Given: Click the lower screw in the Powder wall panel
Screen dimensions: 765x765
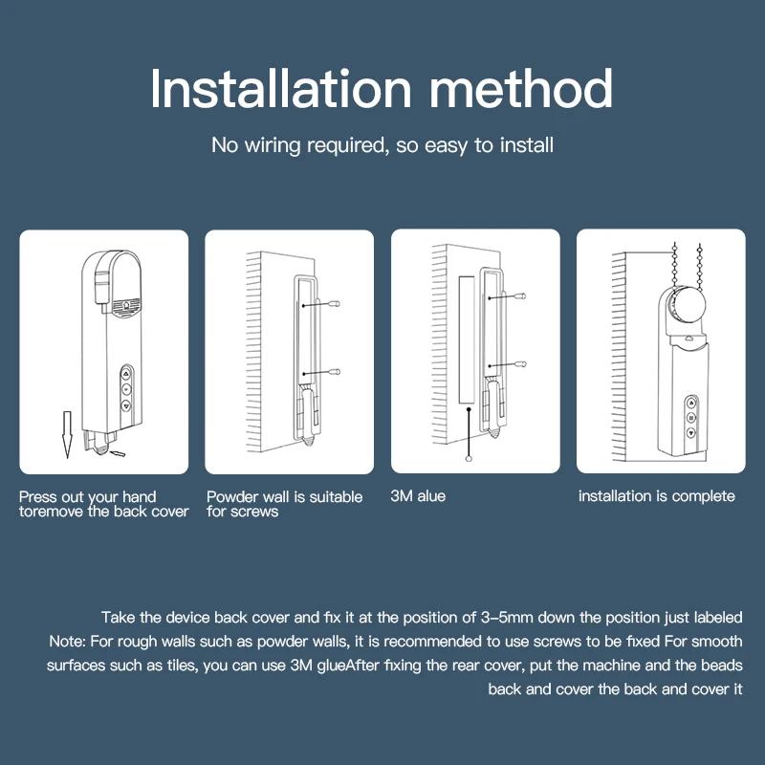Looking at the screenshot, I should point(335,370).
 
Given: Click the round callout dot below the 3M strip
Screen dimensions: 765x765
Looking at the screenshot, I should point(468,459).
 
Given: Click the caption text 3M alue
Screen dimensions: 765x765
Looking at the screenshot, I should point(418,496).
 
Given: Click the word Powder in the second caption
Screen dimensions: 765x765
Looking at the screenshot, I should point(231,496).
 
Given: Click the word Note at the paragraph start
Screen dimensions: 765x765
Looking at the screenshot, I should point(65,641).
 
